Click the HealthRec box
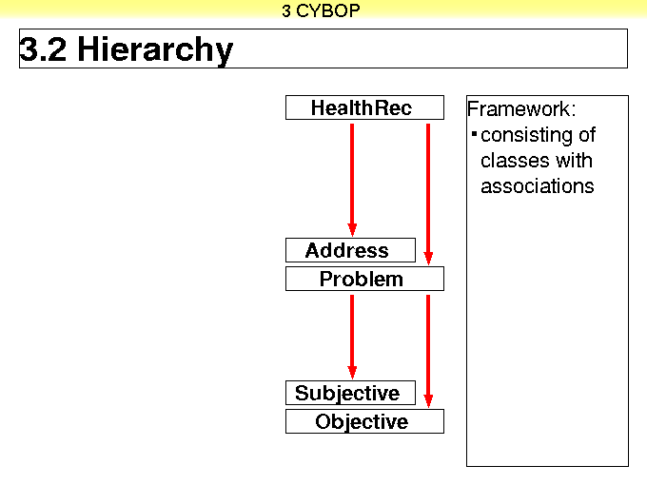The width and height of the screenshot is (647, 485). click(x=364, y=107)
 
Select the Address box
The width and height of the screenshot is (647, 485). click(x=350, y=250)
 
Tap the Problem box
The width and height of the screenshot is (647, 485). click(x=364, y=279)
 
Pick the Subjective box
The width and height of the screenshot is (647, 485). click(x=350, y=393)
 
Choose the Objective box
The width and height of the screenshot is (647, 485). click(x=364, y=421)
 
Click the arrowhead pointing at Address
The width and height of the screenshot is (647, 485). click(x=352, y=230)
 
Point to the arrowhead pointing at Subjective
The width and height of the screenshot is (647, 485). click(x=352, y=373)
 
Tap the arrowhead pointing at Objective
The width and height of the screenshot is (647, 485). click(x=428, y=401)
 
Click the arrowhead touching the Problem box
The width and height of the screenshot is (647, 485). click(x=428, y=259)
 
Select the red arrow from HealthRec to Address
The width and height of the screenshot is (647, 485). click(x=352, y=181)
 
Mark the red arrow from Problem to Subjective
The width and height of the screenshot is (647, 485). click(x=352, y=338)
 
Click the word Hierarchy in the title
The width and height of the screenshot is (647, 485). click(x=155, y=50)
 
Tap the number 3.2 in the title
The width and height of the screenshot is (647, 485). click(x=43, y=48)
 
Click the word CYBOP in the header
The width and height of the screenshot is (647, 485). click(x=327, y=10)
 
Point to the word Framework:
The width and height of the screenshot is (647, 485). click(x=521, y=108)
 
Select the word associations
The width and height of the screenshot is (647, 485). click(x=538, y=186)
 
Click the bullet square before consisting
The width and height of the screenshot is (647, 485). click(x=474, y=134)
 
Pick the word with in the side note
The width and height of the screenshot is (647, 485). click(x=574, y=161)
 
